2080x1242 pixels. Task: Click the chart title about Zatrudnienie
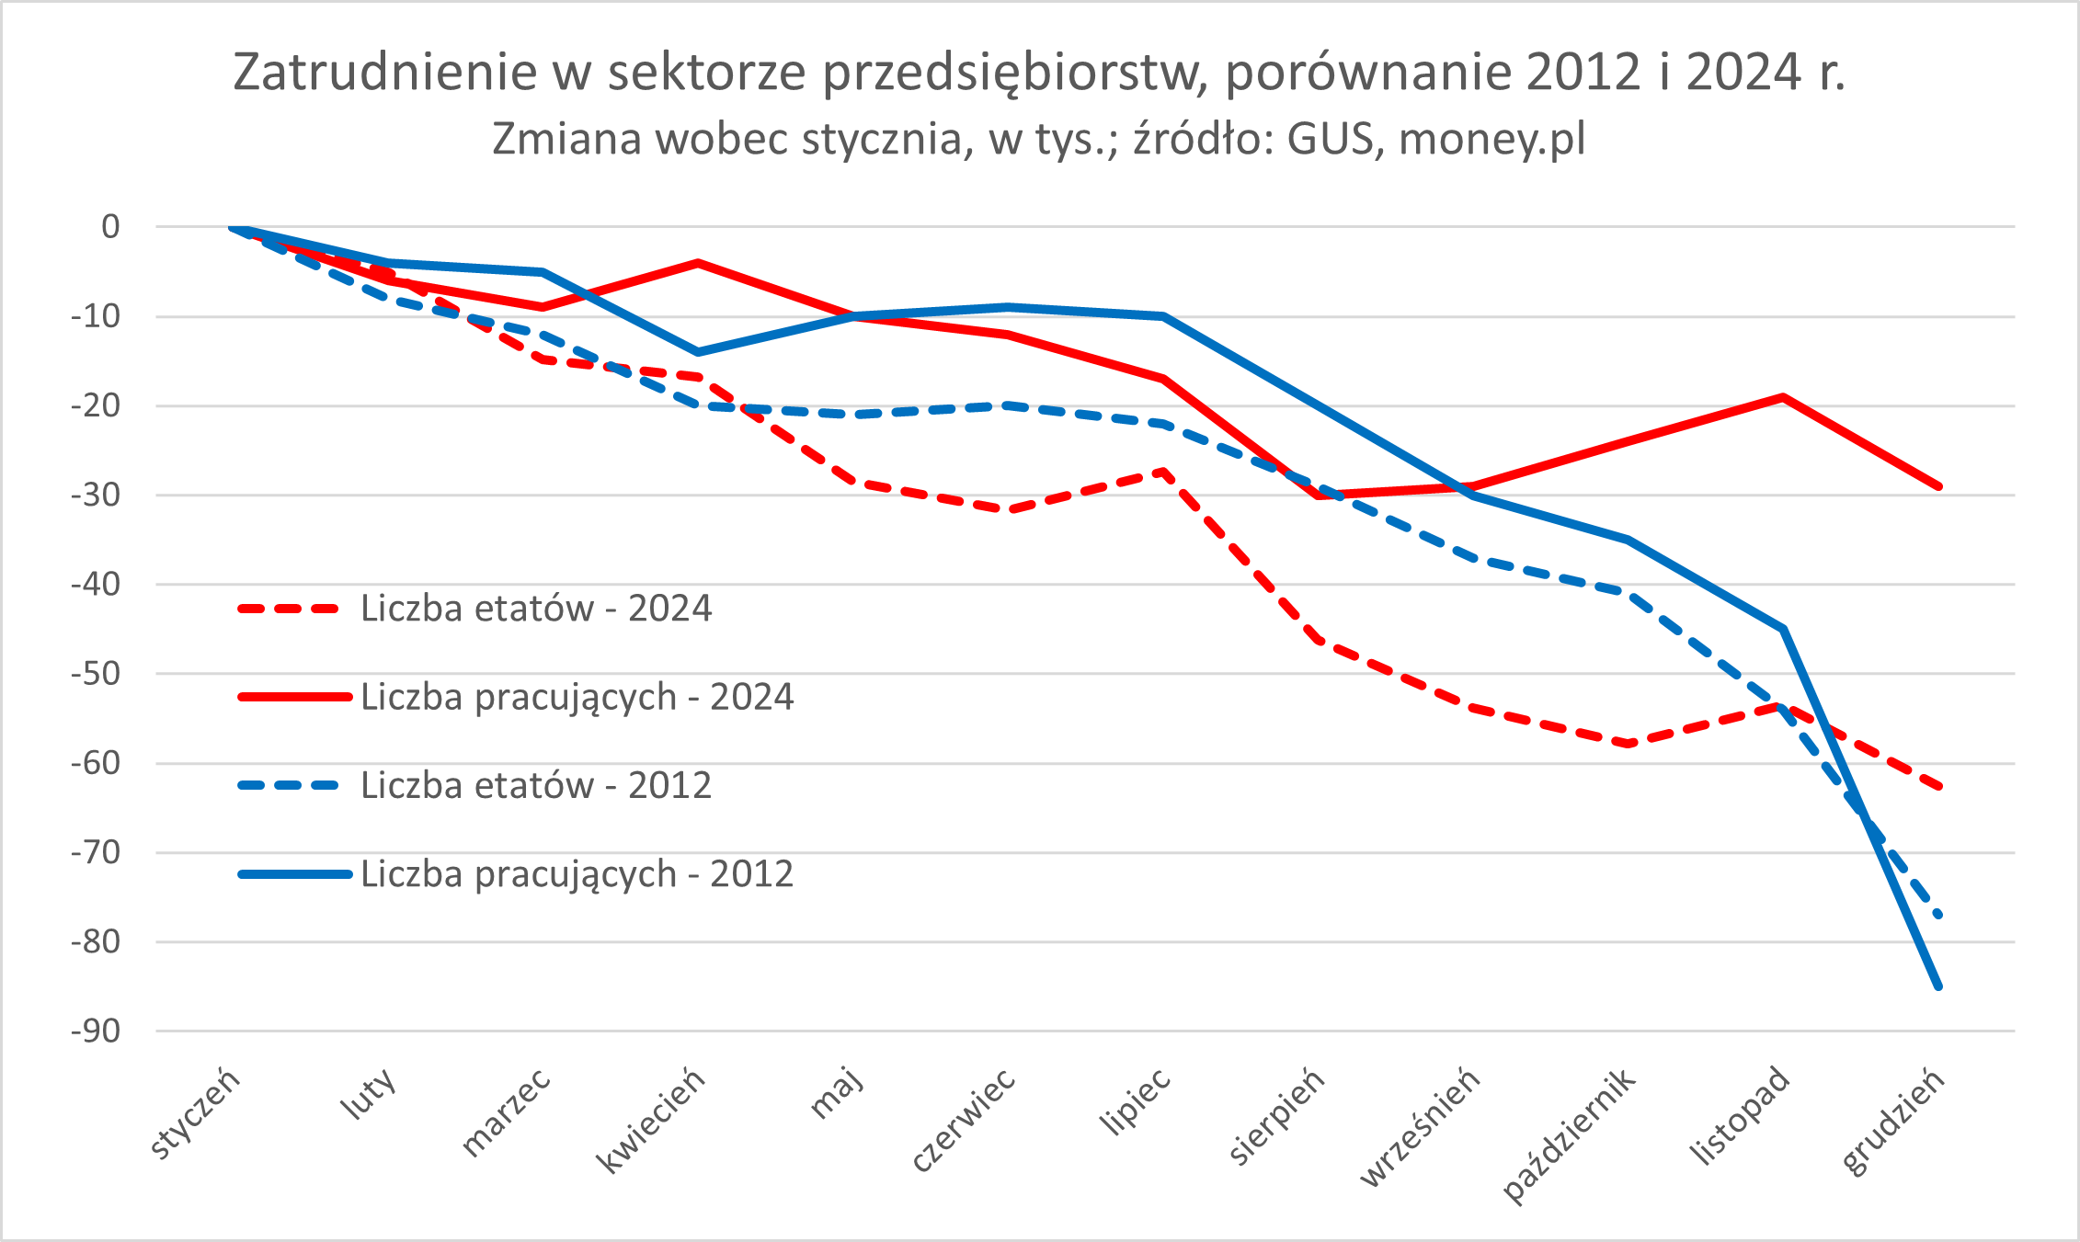point(1039,72)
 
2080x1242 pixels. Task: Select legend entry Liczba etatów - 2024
point(535,609)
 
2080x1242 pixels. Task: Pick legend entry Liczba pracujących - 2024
point(577,697)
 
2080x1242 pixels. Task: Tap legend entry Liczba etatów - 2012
point(535,786)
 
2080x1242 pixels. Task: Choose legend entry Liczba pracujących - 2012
point(577,874)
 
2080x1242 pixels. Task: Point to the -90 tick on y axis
point(96,1031)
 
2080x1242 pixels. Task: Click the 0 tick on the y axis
point(110,226)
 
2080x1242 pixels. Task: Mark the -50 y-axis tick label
point(96,673)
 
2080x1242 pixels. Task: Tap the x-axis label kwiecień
point(652,1121)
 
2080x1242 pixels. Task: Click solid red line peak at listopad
point(1783,397)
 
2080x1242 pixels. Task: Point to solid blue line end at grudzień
point(1938,986)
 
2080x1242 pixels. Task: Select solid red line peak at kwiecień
point(698,263)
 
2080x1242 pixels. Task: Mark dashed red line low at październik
point(1629,743)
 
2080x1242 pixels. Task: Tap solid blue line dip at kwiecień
point(698,352)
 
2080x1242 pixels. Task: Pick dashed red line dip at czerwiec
point(1009,509)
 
